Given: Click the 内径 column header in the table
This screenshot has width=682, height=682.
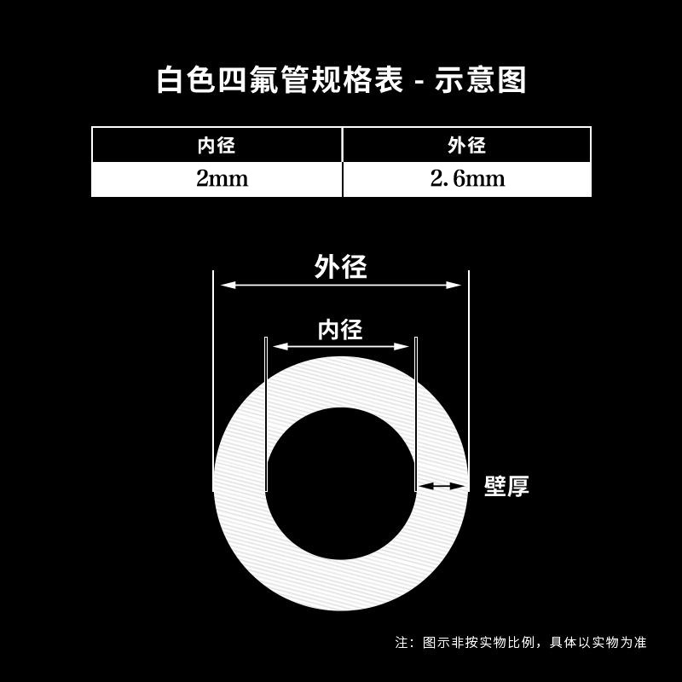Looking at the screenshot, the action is tap(217, 145).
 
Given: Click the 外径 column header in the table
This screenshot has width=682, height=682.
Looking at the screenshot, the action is tap(466, 145).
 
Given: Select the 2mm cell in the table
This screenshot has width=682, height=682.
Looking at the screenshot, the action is tap(217, 179).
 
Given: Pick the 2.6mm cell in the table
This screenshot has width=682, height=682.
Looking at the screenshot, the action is tap(466, 179).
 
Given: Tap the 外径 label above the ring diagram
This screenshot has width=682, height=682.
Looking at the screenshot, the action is tap(340, 267).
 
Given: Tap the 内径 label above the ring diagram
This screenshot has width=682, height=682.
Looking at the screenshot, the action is tap(340, 329).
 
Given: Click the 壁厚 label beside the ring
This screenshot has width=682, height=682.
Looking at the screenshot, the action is tap(506, 487).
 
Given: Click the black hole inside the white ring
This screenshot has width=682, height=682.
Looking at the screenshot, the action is tap(340, 483).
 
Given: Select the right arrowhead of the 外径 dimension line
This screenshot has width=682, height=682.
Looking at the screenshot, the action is tap(456, 286).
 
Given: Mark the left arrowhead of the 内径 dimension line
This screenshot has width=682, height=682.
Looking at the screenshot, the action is tap(277, 346).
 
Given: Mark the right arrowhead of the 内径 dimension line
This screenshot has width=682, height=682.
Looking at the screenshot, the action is tap(404, 346).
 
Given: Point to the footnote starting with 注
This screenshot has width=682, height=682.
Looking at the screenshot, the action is tap(521, 642).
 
